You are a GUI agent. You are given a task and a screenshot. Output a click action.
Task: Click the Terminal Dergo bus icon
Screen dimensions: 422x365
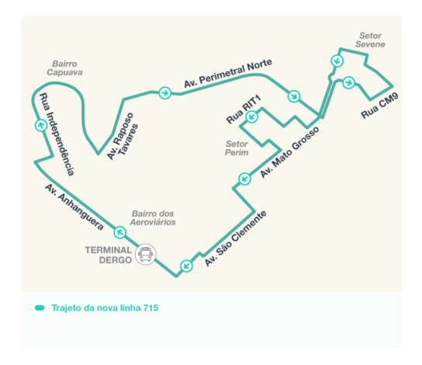coord(146,255)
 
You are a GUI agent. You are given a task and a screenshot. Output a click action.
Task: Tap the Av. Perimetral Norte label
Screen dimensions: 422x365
coord(228,73)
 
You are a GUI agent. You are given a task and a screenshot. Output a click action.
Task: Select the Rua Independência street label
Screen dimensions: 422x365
coord(57,134)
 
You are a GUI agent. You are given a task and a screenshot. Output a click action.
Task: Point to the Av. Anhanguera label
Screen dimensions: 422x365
coord(74,207)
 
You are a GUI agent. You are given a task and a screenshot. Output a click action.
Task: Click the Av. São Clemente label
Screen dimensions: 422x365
coord(235,238)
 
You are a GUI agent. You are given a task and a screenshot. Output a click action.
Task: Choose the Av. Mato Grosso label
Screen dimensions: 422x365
coord(289,152)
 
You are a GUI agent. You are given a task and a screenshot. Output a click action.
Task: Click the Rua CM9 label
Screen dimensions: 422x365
coord(379,106)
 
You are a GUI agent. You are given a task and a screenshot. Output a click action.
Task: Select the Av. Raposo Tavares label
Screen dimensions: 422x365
coord(123,136)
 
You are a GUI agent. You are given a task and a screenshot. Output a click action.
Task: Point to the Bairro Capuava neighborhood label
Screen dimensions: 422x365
coord(64,68)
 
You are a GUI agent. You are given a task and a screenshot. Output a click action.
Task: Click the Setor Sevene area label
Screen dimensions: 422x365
coord(370,40)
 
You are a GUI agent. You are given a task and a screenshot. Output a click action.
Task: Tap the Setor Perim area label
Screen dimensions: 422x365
coord(237,148)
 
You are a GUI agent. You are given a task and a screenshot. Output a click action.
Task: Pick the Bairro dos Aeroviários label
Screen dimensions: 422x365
coord(153,218)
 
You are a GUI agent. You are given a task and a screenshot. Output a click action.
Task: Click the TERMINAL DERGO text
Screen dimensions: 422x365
coord(109,255)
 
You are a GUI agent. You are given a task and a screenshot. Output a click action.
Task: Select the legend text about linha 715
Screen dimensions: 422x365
coord(105,308)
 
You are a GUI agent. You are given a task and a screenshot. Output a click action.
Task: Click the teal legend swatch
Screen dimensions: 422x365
coord(40,308)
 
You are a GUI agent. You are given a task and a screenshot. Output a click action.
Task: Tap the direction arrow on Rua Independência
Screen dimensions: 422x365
coord(41,125)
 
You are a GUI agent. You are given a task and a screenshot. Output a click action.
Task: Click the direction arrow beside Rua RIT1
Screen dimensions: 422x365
coord(251,116)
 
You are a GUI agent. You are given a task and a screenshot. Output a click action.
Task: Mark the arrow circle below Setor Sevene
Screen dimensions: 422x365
coord(337,61)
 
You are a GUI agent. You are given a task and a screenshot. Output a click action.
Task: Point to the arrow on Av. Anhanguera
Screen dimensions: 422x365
coord(119,232)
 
